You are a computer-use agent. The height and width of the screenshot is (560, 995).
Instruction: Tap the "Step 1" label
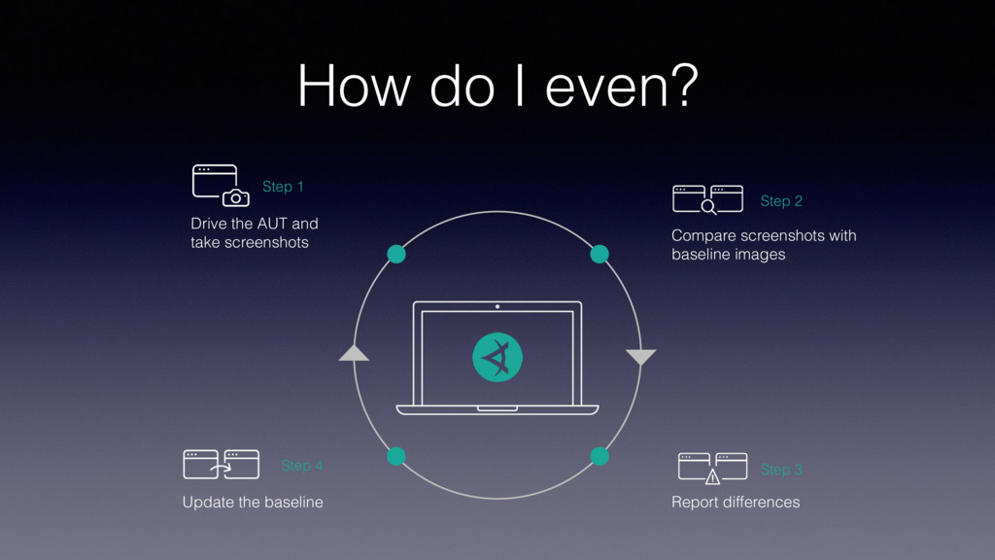283,187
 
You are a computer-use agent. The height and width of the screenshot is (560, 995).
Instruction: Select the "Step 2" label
781,201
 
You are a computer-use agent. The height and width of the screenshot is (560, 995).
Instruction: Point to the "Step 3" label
781,470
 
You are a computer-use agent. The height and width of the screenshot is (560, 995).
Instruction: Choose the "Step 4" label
302,466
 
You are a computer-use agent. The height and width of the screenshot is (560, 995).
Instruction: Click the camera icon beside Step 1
235,198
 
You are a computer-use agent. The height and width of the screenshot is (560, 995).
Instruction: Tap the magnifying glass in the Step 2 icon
708,206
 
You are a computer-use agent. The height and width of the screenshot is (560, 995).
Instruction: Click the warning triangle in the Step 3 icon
712,476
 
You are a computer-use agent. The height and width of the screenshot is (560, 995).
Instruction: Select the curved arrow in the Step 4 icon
222,468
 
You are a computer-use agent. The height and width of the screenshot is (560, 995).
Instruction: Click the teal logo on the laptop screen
497,357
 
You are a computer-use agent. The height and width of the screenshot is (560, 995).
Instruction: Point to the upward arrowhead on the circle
354,353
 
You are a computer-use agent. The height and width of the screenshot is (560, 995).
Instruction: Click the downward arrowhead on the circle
641,357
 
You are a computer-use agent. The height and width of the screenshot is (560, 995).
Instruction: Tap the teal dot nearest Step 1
395,255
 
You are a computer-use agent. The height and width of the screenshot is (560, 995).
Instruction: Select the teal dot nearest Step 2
600,255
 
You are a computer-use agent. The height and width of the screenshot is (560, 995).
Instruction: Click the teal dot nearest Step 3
600,456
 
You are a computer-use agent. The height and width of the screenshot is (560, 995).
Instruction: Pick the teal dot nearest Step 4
395,456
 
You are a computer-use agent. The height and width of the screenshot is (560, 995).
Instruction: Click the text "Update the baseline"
253,503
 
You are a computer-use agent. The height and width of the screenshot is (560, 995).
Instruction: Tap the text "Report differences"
736,503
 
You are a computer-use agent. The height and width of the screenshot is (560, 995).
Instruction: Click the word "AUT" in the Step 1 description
272,224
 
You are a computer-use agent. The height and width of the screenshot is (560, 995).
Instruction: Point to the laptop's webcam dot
497,306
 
